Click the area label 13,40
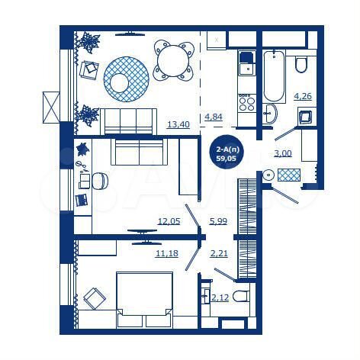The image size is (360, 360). tap(177, 124)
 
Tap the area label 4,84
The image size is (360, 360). tap(213, 117)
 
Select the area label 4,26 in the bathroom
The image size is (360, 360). tap(302, 96)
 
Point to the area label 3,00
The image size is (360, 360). tap(282, 153)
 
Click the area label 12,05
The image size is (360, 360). tap(168, 222)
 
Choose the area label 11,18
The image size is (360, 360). tap(166, 253)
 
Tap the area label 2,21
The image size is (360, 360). tap(219, 253)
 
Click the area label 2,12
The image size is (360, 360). tap(220, 297)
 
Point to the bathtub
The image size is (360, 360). tap(273, 76)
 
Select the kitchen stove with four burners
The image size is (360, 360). tap(246, 101)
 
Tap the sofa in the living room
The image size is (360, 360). tap(130, 120)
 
